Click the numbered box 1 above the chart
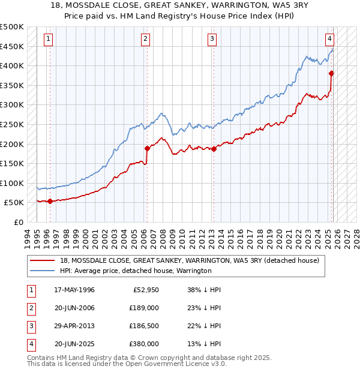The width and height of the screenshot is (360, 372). click(48, 39)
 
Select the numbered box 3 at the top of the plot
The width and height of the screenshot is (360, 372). click(212, 39)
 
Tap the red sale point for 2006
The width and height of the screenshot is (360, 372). click(146, 148)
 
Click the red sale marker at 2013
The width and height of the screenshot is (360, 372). click(214, 149)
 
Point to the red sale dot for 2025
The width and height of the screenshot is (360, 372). click(331, 73)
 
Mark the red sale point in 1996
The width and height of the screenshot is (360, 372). click(50, 202)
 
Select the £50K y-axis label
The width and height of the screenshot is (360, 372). click(14, 203)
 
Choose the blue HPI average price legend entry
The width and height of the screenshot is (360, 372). click(135, 271)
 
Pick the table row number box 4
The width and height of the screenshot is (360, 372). click(31, 344)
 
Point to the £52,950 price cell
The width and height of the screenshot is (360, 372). click(144, 290)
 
